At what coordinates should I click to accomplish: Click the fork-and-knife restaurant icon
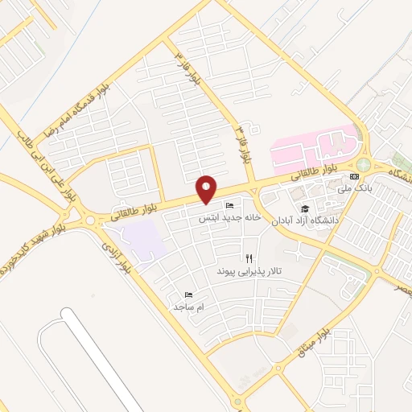(249, 259)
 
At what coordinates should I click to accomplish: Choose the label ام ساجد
(188, 307)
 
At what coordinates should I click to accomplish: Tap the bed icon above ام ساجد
(188, 295)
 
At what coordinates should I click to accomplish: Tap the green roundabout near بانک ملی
(364, 165)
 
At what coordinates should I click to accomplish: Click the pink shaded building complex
(316, 147)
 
